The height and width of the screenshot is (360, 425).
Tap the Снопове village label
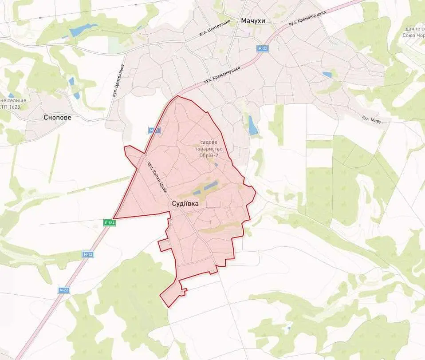click(57, 118)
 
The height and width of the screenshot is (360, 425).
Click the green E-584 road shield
click(110, 223)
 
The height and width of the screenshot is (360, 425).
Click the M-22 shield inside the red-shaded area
click(154, 130)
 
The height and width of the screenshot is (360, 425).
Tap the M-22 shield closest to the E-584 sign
click(88, 254)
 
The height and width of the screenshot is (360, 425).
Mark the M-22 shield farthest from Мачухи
click(64, 290)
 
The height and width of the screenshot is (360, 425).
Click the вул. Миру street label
click(372, 119)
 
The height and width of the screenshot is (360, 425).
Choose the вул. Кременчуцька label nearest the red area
click(222, 75)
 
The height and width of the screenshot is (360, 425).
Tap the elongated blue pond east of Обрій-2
click(253, 125)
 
